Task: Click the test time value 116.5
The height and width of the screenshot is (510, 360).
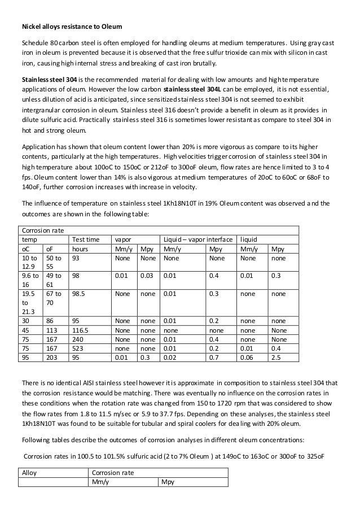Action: click(x=81, y=330)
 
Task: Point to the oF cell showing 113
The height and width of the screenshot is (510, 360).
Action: click(x=51, y=330)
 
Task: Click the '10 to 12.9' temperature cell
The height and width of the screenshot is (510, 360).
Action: click(x=29, y=261)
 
